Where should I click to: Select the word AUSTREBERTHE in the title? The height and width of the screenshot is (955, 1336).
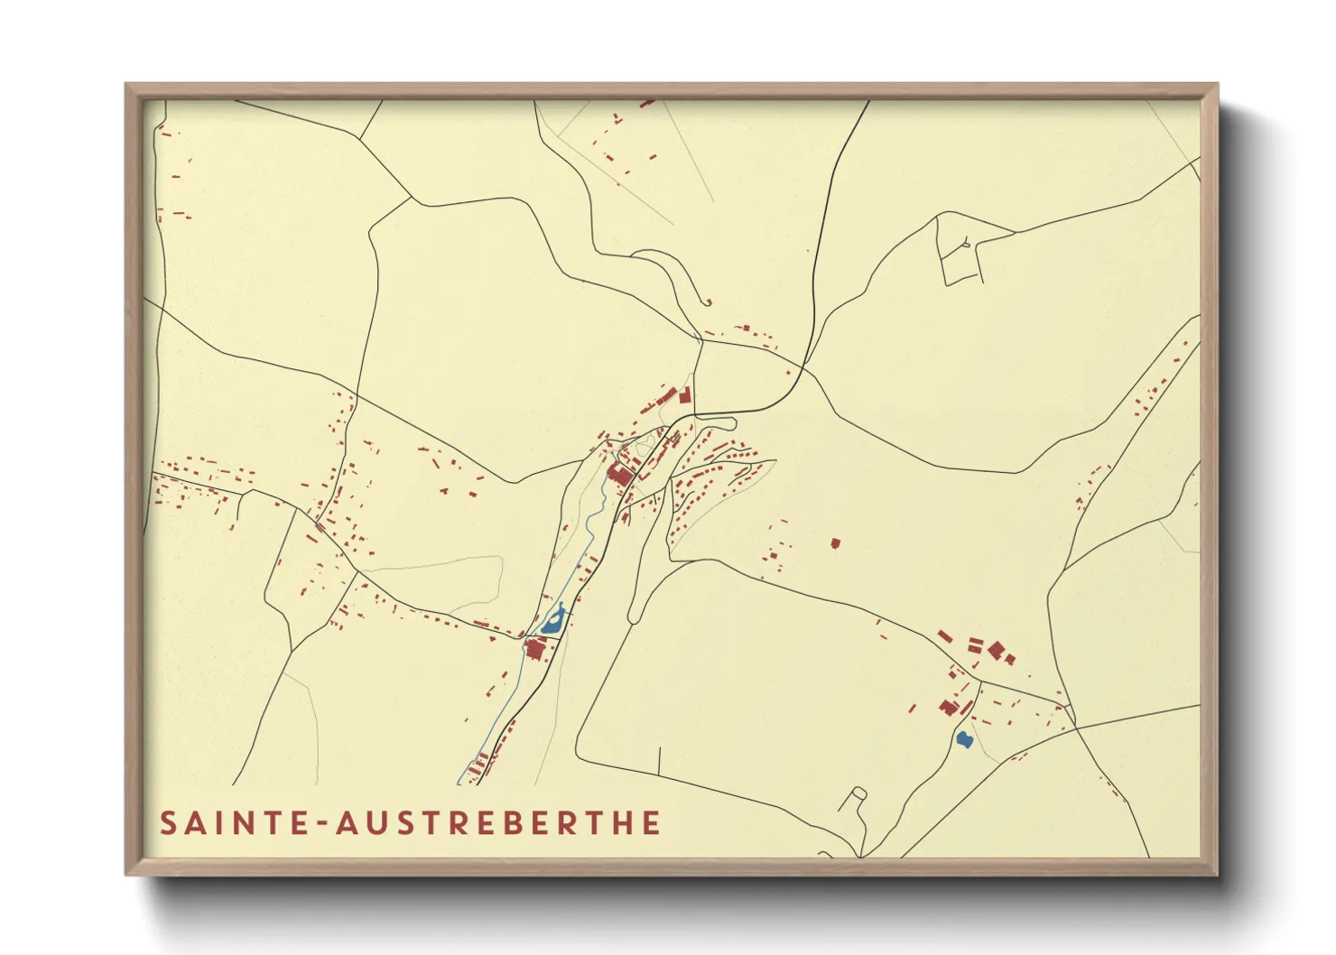pyautogui.click(x=498, y=823)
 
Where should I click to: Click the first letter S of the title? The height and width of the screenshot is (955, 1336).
pyautogui.click(x=168, y=823)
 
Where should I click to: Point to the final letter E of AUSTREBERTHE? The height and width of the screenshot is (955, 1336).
pyautogui.click(x=652, y=823)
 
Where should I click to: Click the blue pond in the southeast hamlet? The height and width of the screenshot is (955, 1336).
pyautogui.click(x=964, y=739)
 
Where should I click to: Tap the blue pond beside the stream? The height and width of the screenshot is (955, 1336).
pyautogui.click(x=552, y=621)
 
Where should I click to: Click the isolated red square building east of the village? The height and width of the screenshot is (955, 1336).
pyautogui.click(x=835, y=543)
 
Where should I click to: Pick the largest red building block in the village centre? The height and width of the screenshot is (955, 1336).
pyautogui.click(x=619, y=475)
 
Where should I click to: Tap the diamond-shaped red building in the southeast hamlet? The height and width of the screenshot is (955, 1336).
pyautogui.click(x=996, y=649)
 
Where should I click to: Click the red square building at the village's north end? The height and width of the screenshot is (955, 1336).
pyautogui.click(x=685, y=395)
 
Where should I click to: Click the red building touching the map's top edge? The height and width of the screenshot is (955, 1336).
pyautogui.click(x=646, y=104)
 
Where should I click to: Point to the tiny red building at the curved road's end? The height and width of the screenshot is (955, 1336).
pyautogui.click(x=709, y=302)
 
